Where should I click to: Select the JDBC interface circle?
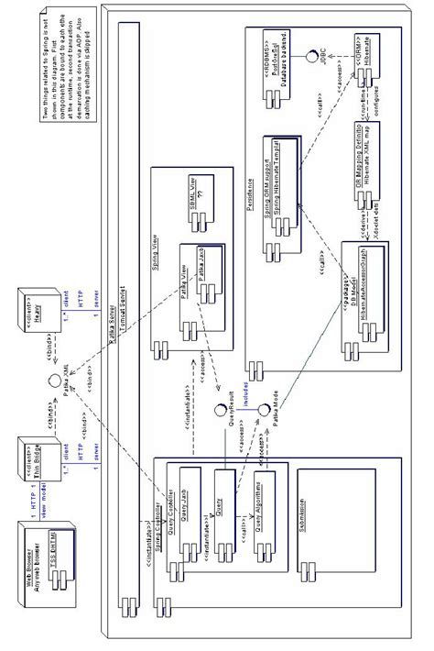point(311,53)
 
